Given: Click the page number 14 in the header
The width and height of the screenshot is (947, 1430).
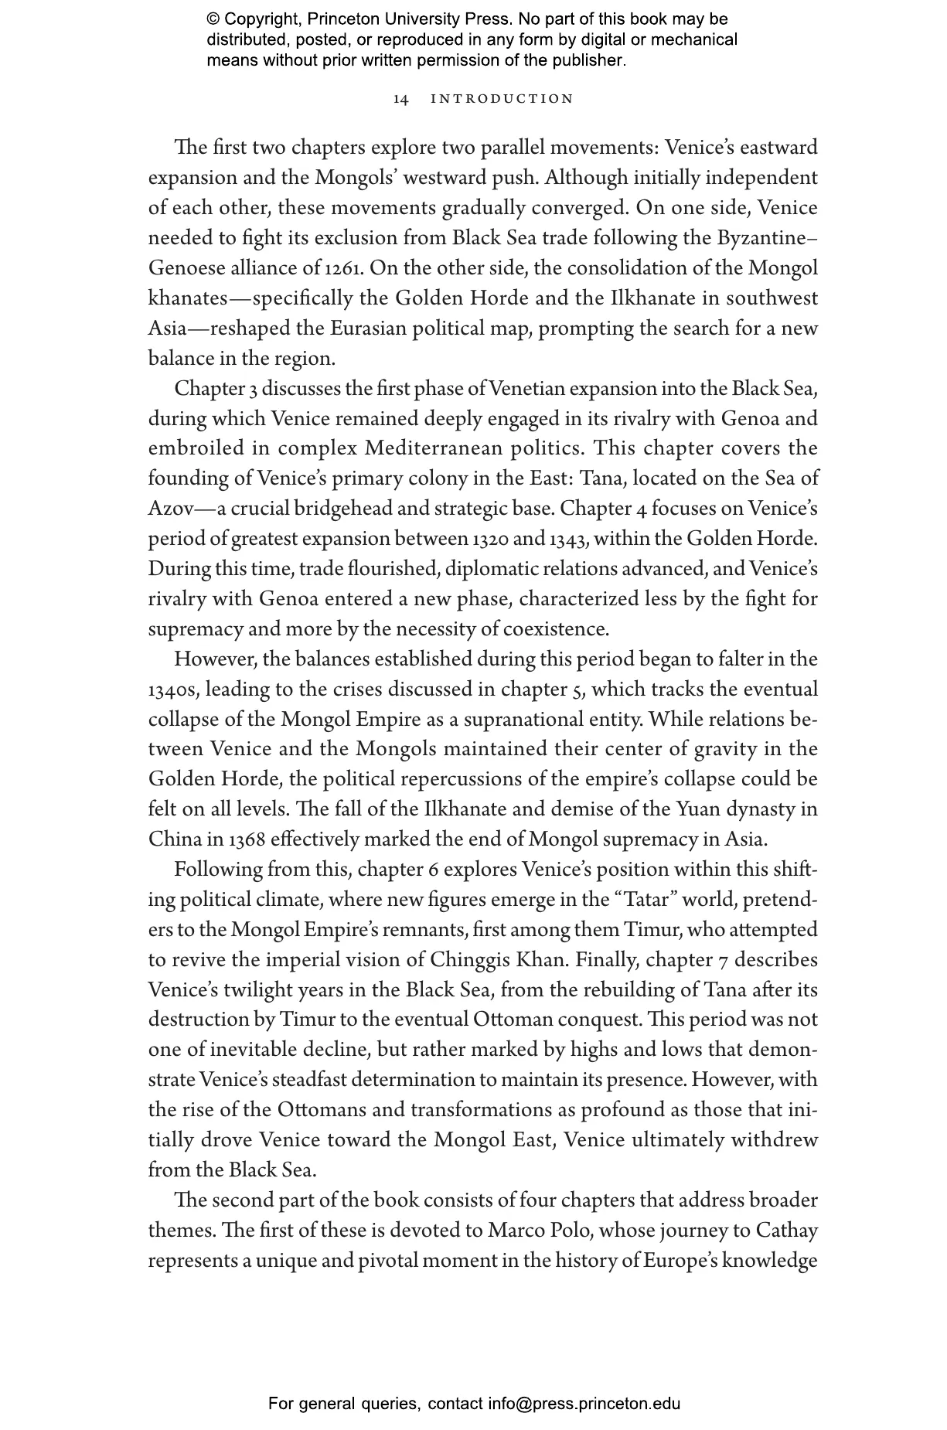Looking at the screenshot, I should point(400,99).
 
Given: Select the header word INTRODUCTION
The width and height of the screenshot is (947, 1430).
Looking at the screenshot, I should point(502,99).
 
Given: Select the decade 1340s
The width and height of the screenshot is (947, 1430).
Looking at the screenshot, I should point(174,689).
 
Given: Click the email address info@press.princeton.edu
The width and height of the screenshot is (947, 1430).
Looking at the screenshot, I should point(584,1404).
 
